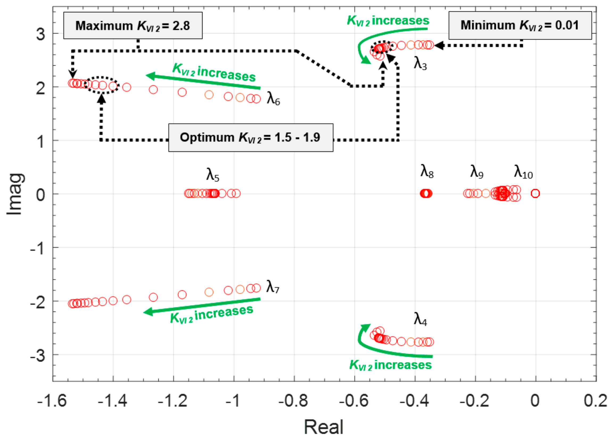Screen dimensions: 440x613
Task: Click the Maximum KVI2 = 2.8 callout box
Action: click(x=133, y=26)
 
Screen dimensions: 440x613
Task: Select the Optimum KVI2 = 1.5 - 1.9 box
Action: click(x=251, y=137)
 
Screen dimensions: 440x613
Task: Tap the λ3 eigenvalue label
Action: click(x=420, y=64)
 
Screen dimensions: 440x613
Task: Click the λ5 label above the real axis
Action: click(x=212, y=175)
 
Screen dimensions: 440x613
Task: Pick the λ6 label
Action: click(x=273, y=99)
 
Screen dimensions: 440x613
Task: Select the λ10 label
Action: click(x=523, y=172)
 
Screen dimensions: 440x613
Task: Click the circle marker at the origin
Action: click(x=535, y=194)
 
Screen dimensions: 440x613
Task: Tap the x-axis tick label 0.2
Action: click(x=595, y=401)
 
